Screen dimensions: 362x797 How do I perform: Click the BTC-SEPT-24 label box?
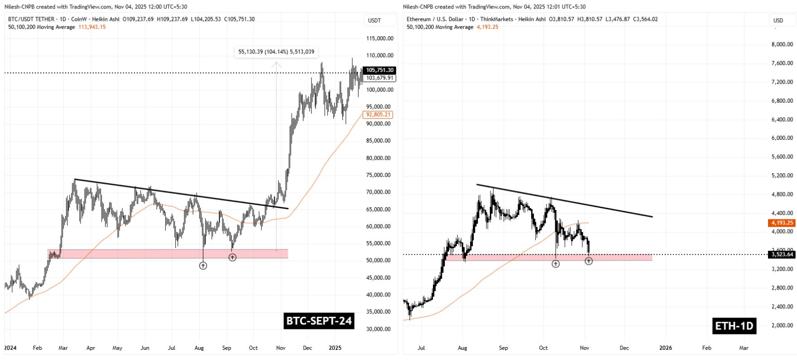point(319,321)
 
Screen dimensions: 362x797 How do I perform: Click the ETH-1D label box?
point(734,326)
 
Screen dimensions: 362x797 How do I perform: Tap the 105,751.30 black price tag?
point(380,70)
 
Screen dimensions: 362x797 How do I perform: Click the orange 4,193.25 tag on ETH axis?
point(782,223)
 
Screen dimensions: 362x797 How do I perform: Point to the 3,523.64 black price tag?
point(782,254)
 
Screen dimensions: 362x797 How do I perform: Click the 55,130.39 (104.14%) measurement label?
point(276,52)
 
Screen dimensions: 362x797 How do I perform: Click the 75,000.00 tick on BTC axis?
point(379,175)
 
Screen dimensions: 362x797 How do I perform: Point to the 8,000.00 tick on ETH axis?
point(782,44)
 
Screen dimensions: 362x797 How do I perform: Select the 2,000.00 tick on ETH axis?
point(782,325)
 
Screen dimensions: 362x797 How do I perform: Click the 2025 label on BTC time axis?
point(335,348)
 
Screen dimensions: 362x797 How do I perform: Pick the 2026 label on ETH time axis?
point(665,348)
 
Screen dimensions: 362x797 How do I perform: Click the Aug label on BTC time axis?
point(199,348)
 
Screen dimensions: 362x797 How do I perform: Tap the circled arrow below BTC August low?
point(203,266)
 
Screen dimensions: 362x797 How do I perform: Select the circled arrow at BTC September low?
point(232,257)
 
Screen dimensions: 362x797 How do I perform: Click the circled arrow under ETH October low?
point(556,264)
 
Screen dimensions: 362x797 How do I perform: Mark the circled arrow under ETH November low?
point(588,261)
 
